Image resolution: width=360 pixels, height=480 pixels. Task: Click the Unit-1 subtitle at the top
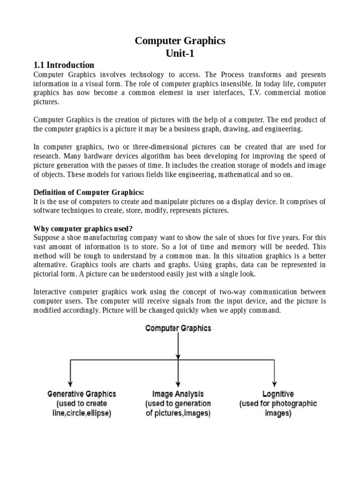click(180, 53)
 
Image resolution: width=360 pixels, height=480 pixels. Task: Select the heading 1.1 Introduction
click(64, 65)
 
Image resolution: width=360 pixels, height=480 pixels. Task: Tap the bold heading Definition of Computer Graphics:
click(89, 192)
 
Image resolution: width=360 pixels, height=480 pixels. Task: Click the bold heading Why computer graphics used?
click(83, 229)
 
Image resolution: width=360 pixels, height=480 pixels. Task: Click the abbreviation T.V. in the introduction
click(233, 93)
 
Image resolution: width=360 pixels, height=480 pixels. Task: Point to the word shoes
click(236, 238)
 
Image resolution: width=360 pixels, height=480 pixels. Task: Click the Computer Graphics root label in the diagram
click(178, 328)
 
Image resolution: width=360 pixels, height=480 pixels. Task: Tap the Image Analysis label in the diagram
click(178, 394)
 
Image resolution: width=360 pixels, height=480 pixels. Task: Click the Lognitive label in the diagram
click(278, 394)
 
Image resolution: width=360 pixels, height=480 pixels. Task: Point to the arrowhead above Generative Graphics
click(70, 382)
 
